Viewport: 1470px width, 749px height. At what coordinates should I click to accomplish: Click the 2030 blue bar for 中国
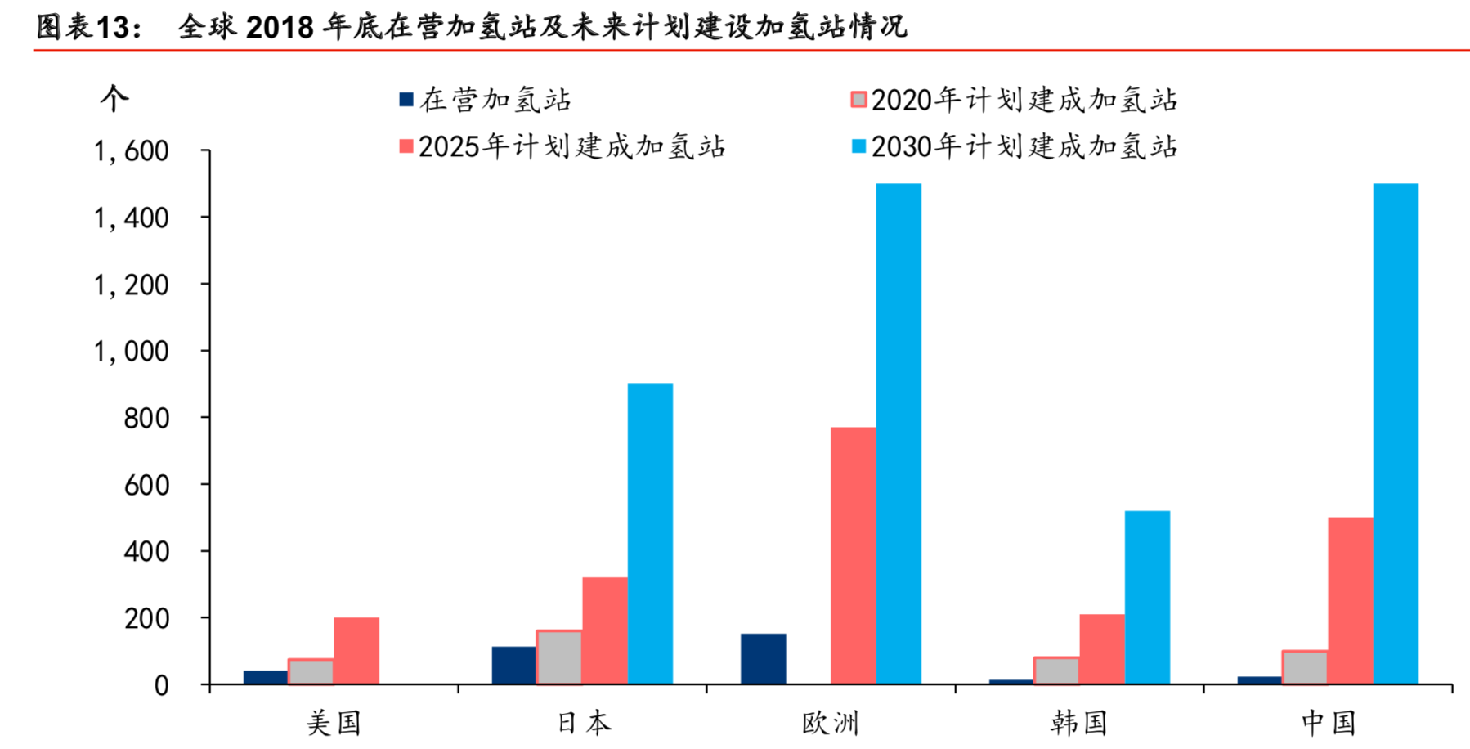pos(1396,433)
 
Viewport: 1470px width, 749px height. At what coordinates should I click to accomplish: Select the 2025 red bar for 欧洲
pos(853,556)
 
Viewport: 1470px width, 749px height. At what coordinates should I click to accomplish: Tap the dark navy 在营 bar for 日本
pos(513,665)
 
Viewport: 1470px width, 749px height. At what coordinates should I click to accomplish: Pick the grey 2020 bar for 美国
pos(311,671)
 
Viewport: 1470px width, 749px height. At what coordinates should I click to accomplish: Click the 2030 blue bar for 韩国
pos(1147,597)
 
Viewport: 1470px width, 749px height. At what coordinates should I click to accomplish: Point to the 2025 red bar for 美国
pos(356,651)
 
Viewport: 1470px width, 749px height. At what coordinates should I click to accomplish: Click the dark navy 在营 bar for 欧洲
pos(763,659)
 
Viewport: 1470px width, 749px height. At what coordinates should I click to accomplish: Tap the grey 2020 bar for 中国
pos(1305,667)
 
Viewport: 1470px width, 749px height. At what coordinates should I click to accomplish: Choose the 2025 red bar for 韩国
pos(1101,649)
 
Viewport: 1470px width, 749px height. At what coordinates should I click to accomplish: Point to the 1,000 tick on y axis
pos(131,352)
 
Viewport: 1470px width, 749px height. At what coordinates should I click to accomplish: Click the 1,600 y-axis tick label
pos(131,151)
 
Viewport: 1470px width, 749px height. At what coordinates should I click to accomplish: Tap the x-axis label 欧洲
pos(830,723)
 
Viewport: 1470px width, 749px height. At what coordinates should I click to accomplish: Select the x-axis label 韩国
pos(1078,723)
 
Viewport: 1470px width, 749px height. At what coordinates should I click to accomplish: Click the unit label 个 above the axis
pos(114,99)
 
